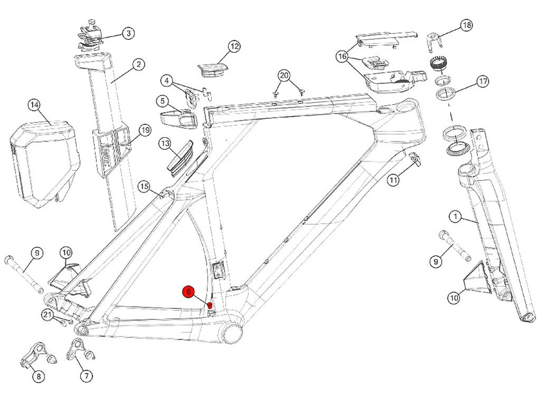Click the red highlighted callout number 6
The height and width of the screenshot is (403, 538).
[189, 292]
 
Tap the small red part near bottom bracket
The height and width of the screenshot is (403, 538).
[209, 305]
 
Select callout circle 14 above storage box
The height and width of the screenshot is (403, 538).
[35, 105]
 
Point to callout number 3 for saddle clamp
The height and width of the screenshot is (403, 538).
[128, 33]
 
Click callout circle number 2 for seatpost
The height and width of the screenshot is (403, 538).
[139, 64]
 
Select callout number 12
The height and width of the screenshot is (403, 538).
[234, 46]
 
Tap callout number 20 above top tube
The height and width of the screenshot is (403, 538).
[284, 76]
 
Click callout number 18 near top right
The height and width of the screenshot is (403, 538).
[467, 25]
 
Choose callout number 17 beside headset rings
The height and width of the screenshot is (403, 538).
[483, 81]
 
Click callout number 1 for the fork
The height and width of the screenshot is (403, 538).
[455, 217]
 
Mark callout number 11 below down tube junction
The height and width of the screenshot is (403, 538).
[393, 180]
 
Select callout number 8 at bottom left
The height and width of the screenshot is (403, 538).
[38, 376]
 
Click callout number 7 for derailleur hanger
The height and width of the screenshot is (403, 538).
[86, 376]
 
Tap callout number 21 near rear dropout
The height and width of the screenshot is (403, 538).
[47, 315]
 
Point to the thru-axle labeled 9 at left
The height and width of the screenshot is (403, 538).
[24, 274]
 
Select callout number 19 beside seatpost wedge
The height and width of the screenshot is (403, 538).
[145, 130]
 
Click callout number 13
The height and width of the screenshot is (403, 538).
[165, 144]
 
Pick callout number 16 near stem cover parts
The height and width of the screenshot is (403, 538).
[342, 56]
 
